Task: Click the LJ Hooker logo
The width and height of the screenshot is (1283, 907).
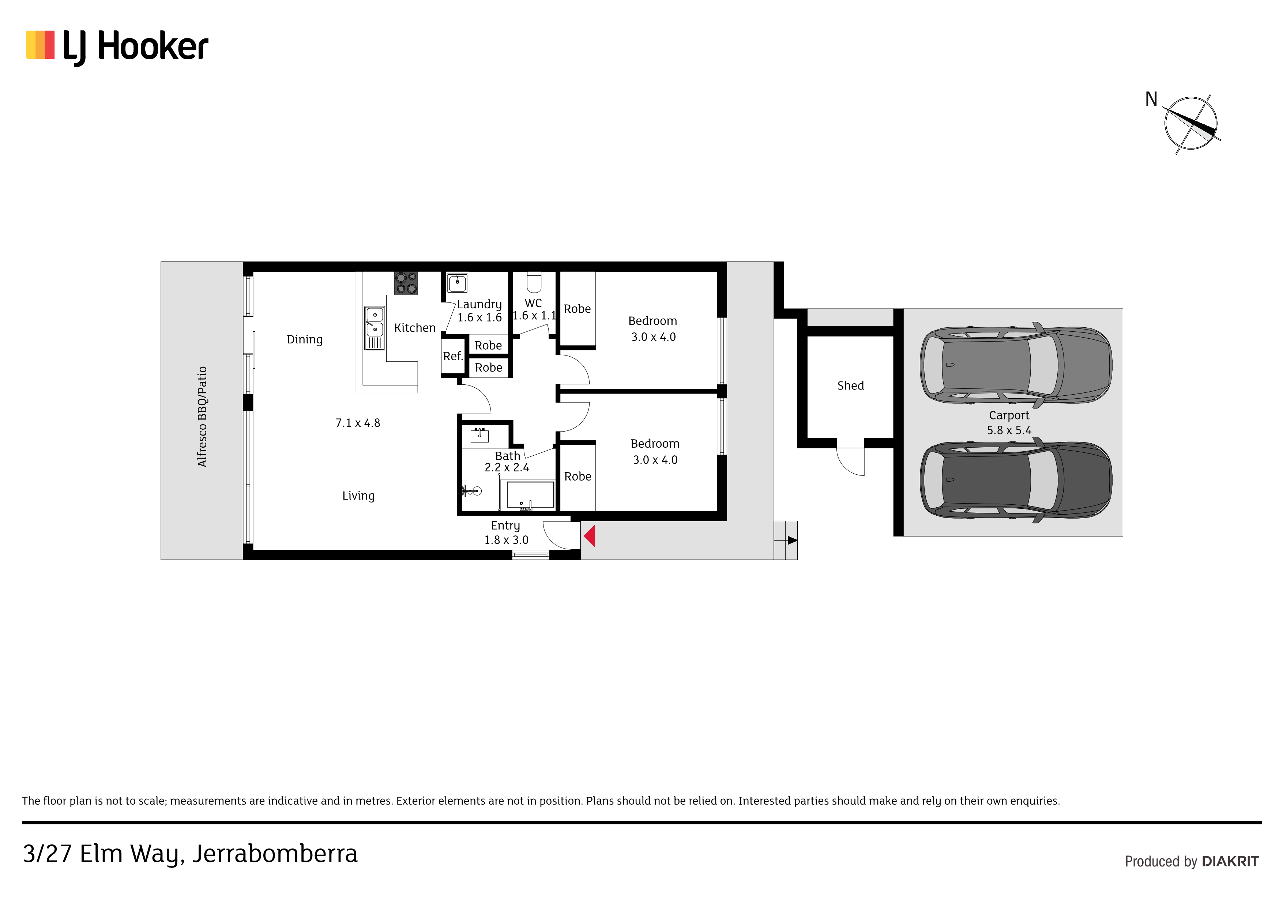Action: click(x=117, y=48)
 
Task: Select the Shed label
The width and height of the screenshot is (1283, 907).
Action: click(x=850, y=385)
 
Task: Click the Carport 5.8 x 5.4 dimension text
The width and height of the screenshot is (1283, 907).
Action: click(x=1009, y=430)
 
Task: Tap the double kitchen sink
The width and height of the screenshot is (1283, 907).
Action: click(x=375, y=328)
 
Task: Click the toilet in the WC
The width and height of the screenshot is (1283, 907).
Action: click(x=534, y=282)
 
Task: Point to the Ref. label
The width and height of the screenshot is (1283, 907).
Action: click(x=453, y=356)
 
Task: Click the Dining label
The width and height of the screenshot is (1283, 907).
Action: click(x=305, y=340)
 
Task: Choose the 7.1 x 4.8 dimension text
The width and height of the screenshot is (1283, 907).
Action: click(x=358, y=423)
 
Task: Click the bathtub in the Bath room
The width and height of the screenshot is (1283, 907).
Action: click(x=530, y=494)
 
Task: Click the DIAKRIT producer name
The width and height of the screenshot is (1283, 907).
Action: click(x=1230, y=861)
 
